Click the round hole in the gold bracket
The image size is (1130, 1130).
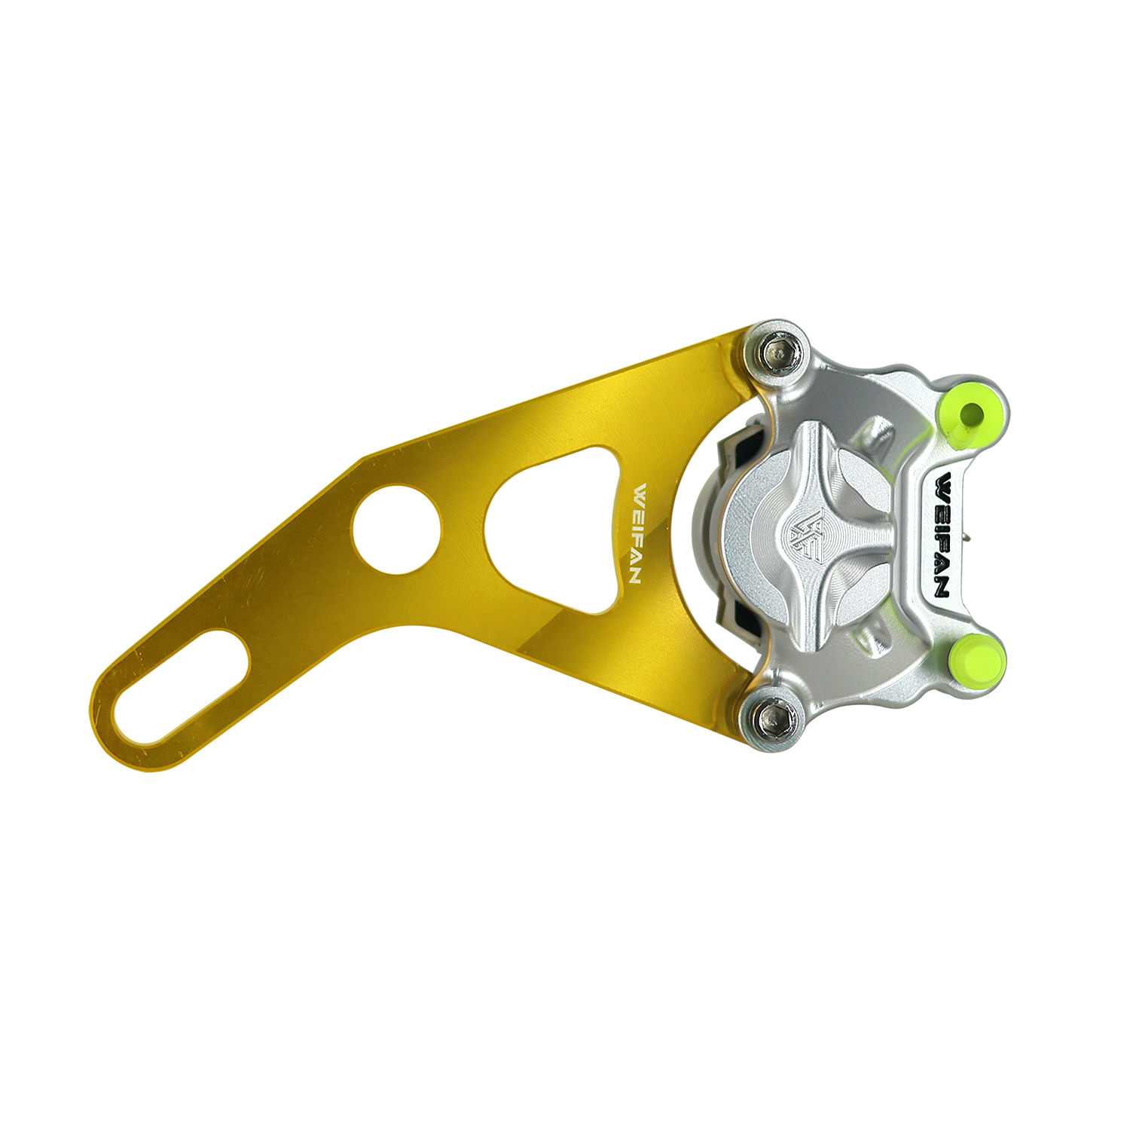click(396, 528)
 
